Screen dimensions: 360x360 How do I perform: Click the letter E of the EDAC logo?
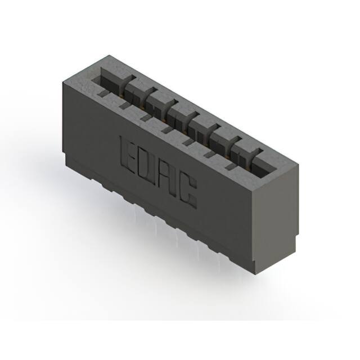coord(128,152)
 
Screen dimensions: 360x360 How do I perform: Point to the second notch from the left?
coord(124,105)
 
